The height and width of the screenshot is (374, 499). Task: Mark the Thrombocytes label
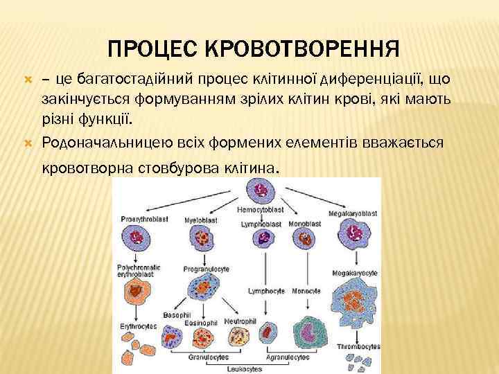[358, 345]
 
